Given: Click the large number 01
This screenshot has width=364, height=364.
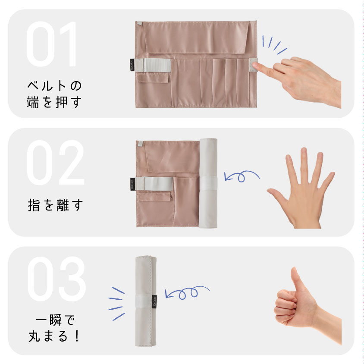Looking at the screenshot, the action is pos(51,44).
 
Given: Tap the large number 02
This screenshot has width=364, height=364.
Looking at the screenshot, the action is pos(56,163).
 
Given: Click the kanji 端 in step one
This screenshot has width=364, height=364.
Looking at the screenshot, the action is pos(33,102).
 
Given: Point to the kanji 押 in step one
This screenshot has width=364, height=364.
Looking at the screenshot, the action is pos(62,102).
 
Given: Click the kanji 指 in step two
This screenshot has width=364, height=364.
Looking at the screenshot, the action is pos(34,205).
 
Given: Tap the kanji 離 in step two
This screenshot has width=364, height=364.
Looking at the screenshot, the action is pos(63,205).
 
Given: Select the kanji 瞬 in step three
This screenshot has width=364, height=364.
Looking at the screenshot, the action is pos(56,320).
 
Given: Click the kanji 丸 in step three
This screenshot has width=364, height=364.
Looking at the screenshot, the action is pos(35,336).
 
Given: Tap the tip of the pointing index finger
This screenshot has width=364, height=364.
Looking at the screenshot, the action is pos(254,65).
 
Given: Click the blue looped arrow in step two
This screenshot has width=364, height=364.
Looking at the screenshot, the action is pos(242,176).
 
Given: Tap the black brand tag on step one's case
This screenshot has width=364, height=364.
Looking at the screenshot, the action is pos(132,65).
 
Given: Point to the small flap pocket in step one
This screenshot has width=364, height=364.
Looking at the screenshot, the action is pos(153,78).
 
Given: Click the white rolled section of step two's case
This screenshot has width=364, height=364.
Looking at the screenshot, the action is pos(208,183).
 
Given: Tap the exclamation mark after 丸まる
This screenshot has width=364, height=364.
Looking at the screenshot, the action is pos(77,336).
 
